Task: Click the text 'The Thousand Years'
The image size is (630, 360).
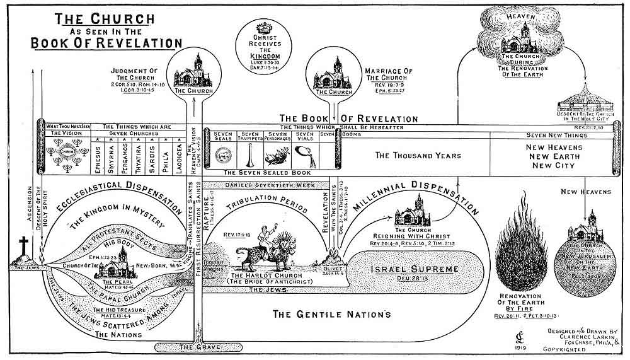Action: [x=418, y=155]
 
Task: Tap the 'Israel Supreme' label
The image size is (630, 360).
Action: [x=392, y=269]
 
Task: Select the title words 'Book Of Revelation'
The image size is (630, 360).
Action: [x=107, y=43]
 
